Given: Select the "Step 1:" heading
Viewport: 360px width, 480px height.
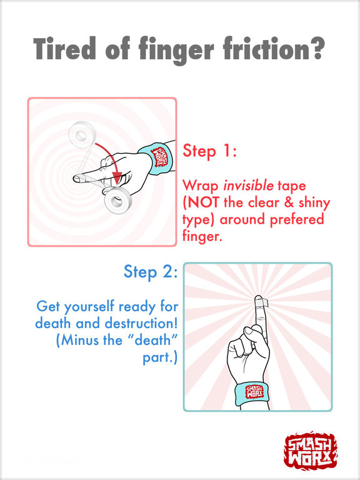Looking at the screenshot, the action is (209, 151).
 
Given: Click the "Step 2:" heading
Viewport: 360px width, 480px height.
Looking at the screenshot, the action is (151, 272).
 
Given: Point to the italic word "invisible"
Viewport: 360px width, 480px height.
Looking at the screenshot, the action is (248, 185).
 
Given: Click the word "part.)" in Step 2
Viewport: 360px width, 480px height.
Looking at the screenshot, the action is (160, 358).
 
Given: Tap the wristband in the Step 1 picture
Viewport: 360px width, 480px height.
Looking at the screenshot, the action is (156, 157).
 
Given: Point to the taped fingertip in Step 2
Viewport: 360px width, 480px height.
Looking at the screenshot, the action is (261, 302).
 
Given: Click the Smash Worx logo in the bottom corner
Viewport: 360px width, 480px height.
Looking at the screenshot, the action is (311, 450).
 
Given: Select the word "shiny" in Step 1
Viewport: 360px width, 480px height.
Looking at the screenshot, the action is (314, 203).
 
